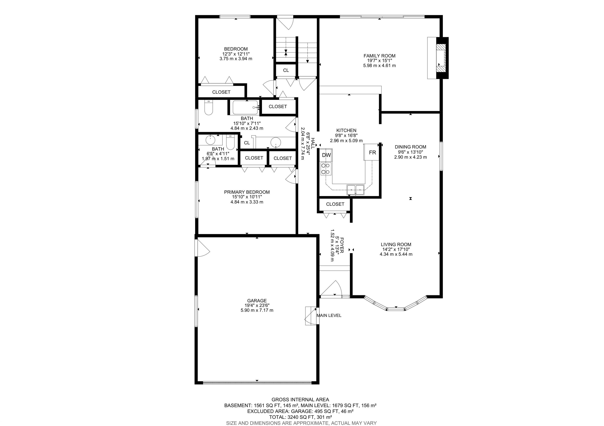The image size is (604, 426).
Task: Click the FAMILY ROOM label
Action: (x=379, y=56)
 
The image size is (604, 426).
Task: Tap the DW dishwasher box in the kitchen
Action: (x=326, y=155)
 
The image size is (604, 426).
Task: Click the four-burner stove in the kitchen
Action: (x=326, y=169)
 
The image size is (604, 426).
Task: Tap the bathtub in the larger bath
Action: (x=245, y=107)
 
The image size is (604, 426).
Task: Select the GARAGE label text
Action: (x=257, y=301)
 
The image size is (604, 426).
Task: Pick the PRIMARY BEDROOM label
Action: (x=247, y=192)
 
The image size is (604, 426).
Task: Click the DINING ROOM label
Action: (x=410, y=147)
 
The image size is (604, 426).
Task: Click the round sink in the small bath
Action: (x=210, y=140)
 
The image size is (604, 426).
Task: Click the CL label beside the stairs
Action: (x=286, y=70)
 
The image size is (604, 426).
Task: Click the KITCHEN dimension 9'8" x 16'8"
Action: (x=346, y=135)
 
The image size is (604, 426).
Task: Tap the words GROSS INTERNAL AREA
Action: (x=300, y=400)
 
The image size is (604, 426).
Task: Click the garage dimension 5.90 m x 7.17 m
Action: (x=257, y=310)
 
